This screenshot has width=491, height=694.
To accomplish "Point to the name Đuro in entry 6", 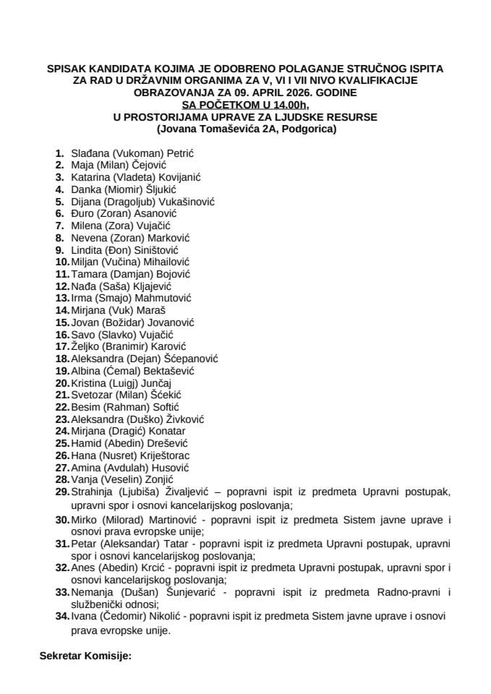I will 82,213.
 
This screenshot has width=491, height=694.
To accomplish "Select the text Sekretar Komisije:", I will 84,659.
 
